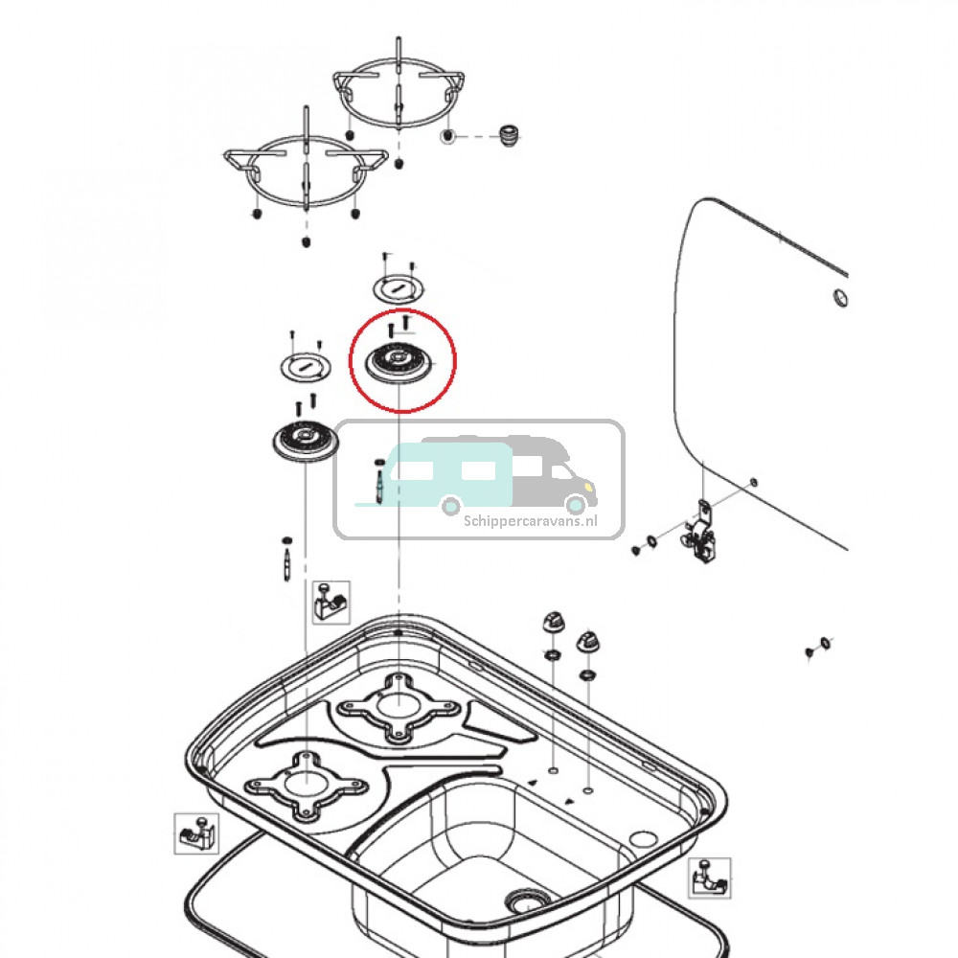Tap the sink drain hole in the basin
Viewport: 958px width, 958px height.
tap(525, 901)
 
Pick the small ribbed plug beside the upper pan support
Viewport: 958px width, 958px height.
tap(510, 135)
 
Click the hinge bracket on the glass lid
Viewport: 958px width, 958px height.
tap(704, 532)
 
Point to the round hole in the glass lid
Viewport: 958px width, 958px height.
tap(838, 298)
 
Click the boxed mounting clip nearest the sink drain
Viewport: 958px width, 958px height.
tap(709, 878)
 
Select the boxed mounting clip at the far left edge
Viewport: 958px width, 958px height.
tap(195, 833)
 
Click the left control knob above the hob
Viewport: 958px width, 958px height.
tap(553, 623)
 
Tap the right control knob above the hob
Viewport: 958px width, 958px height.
tap(587, 640)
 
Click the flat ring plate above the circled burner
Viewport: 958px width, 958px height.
tap(396, 286)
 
